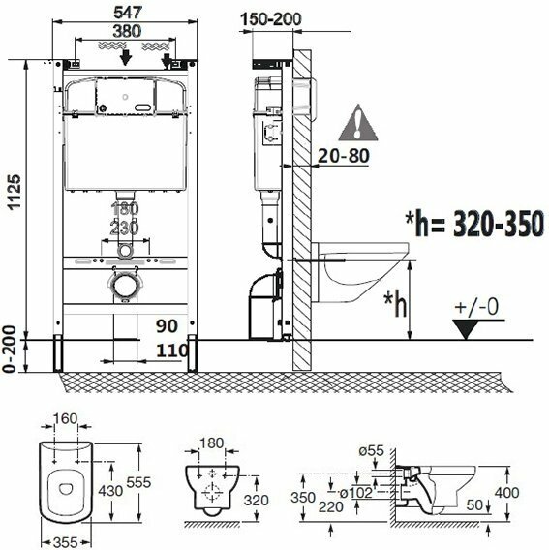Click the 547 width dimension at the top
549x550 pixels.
(128, 13)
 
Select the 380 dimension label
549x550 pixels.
(127, 31)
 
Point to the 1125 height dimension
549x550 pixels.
(15, 193)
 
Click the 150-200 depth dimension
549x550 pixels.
(271, 19)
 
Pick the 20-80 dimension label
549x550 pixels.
(344, 156)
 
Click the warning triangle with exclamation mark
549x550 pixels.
(358, 123)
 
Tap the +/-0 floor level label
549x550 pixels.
(476, 307)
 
